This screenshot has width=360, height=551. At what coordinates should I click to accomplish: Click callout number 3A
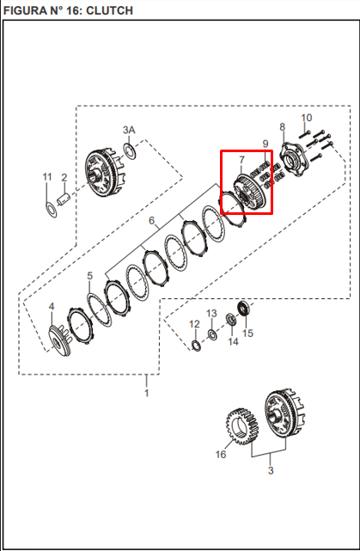tap(129, 131)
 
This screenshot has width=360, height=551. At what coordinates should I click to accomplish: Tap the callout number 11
tap(48, 177)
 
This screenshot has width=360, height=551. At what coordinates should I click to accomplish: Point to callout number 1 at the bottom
tap(147, 393)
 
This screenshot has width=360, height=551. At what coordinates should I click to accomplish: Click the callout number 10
tap(306, 117)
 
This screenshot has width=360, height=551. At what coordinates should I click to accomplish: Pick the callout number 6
tap(152, 221)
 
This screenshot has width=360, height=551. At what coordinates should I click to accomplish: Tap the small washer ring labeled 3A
tap(130, 151)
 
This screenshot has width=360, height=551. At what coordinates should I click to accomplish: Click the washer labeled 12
tap(196, 345)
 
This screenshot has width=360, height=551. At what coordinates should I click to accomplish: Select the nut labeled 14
tap(230, 321)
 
